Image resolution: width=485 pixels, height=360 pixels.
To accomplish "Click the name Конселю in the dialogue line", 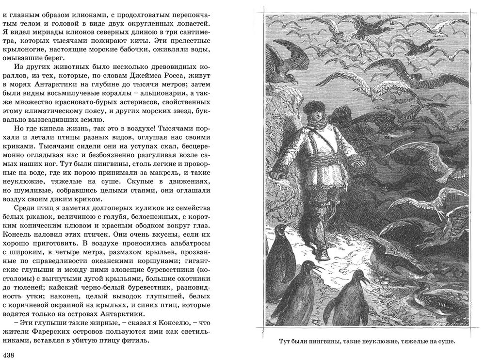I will tap(157, 322).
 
